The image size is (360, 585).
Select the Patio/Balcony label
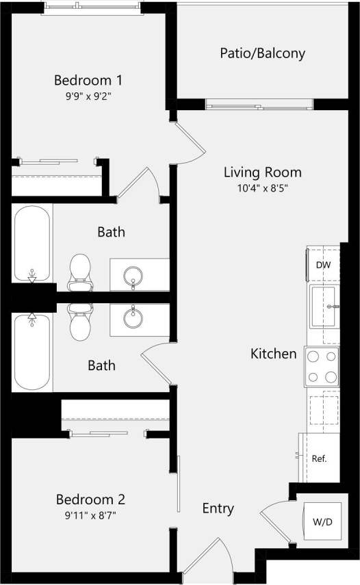coord(262,53)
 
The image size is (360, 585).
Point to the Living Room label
coord(263,172)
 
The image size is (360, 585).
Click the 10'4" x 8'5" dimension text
coord(263,188)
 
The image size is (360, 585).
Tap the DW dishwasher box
coord(322,265)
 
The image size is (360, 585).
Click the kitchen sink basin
coord(322,307)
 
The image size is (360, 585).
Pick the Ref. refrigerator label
coord(319,458)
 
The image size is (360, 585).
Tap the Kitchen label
coord(273,354)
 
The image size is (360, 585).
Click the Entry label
coord(218,508)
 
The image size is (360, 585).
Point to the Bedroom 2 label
coord(90,499)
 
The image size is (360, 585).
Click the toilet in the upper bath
coord(81,270)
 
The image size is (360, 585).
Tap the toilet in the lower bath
coord(81,322)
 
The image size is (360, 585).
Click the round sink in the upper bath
coord(133,276)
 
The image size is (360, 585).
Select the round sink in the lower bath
coord(133,317)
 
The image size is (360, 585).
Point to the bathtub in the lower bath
coord(31,353)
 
